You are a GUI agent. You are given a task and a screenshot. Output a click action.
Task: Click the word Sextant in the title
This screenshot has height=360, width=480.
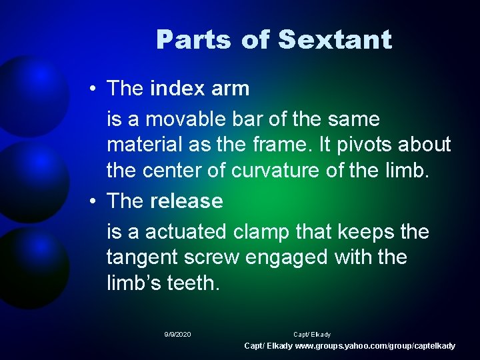335,40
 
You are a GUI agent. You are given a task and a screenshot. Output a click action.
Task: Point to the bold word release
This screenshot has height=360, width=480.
187,201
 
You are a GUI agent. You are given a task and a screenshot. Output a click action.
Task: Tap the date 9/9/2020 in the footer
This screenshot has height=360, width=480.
177,334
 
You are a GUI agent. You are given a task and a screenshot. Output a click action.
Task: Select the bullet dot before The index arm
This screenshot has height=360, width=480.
97,89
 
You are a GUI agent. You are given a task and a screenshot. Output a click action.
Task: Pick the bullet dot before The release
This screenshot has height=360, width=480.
97,201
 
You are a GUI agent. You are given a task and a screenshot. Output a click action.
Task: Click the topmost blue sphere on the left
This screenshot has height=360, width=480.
30,93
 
